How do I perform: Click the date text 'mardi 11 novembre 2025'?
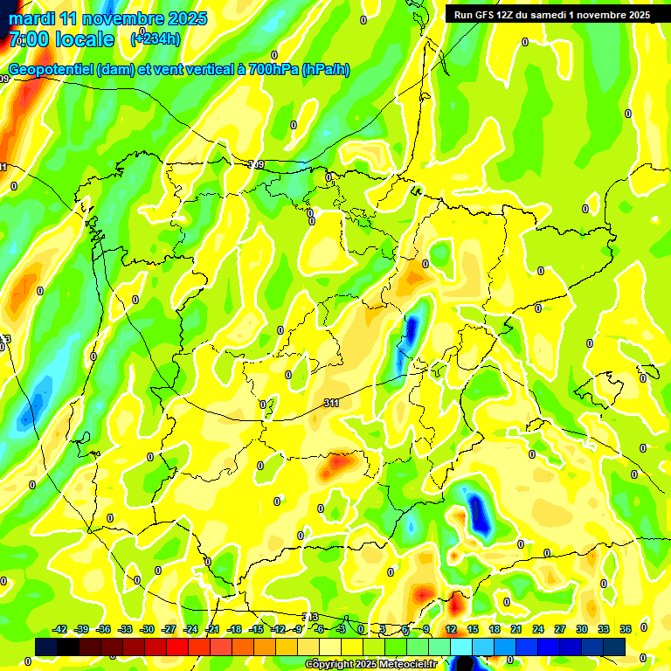click(107, 18)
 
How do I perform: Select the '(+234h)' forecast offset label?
click(156, 38)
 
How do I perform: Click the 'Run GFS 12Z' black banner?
click(551, 15)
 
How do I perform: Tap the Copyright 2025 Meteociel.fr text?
click(370, 664)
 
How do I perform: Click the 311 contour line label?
click(331, 403)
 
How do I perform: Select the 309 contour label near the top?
click(256, 164)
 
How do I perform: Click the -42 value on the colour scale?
click(60, 629)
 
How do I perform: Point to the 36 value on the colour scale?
click(626, 629)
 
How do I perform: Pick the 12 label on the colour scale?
click(451, 629)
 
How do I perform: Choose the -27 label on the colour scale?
click(169, 629)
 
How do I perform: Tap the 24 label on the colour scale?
click(538, 629)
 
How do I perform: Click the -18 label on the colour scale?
click(234, 629)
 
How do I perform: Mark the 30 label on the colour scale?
click(582, 629)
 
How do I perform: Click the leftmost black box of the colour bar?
click(46, 647)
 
